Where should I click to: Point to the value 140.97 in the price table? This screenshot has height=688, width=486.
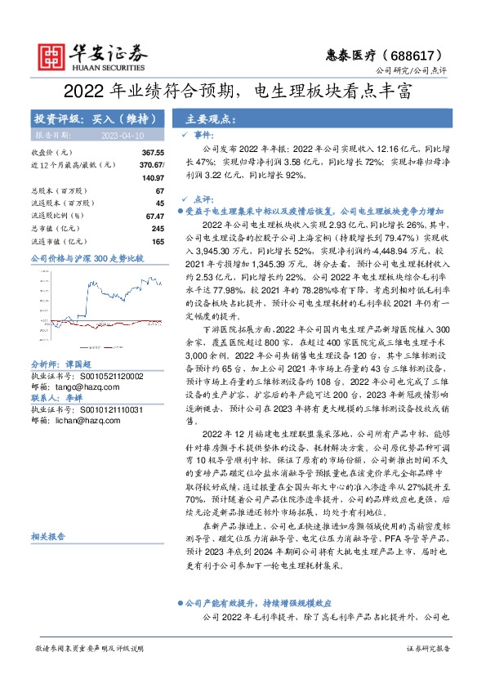coord(153,177)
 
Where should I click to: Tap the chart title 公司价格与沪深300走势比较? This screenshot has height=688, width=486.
coord(87,259)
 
